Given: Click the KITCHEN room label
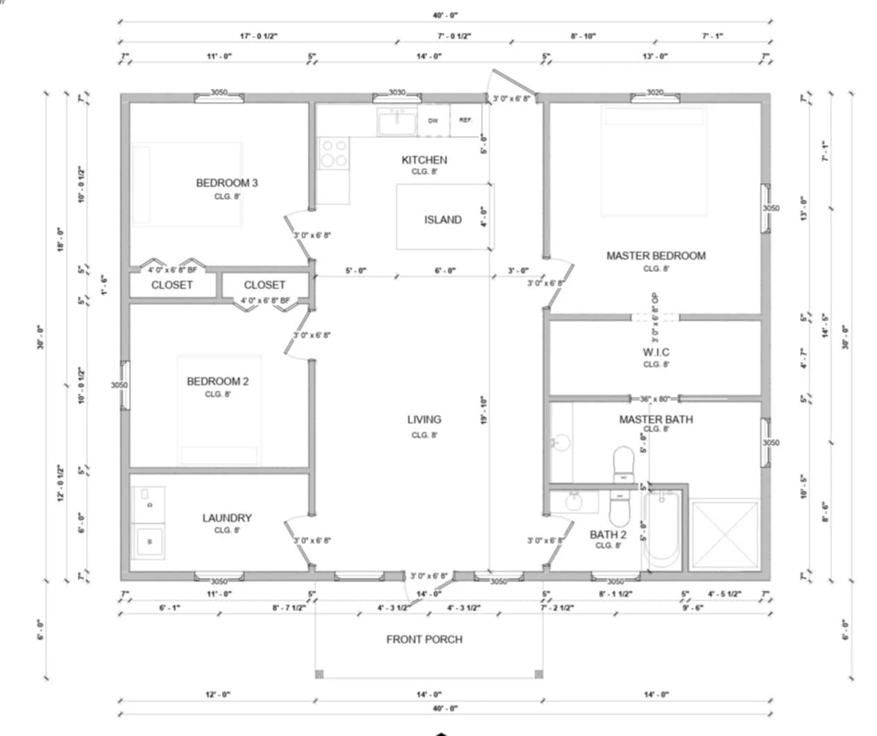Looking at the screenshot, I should tap(424, 160).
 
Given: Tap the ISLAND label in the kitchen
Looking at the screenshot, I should tap(443, 220).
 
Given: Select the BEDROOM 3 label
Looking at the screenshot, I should tap(227, 183).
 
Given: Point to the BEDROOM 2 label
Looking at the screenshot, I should tap(217, 382).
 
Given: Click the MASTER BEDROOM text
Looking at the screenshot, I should tap(656, 256).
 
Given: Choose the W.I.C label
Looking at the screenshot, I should tap(656, 352).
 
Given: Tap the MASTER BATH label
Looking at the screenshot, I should tap(656, 420).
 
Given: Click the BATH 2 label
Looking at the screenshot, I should tap(608, 535).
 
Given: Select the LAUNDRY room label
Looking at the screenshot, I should tap(227, 518).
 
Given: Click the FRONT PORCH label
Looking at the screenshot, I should tap(424, 640).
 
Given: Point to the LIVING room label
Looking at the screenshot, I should tap(424, 420).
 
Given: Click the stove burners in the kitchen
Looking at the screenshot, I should tap(333, 153).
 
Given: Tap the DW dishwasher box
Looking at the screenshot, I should tap(433, 121).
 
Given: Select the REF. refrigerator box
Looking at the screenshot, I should tap(466, 120).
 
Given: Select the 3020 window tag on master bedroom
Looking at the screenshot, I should tap(654, 92).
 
